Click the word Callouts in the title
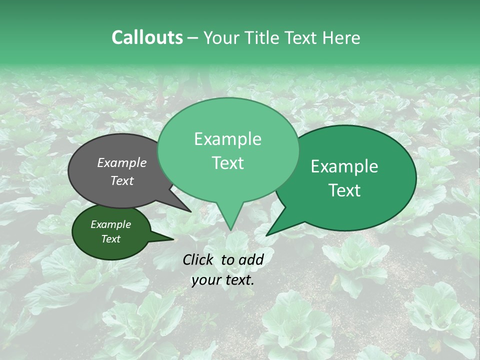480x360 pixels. point(147,37)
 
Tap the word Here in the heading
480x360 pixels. point(339,37)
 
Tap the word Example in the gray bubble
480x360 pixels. point(121,162)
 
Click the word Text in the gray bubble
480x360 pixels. point(121,180)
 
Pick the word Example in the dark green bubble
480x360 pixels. point(110,225)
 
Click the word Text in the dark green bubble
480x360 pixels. point(110,239)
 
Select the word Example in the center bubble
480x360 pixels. point(227,139)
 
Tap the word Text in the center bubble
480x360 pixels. point(227,163)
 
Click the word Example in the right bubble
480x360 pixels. point(344,166)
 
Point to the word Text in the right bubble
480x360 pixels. point(344,190)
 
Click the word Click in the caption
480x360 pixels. point(199,259)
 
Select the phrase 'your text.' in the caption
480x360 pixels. point(222,280)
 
